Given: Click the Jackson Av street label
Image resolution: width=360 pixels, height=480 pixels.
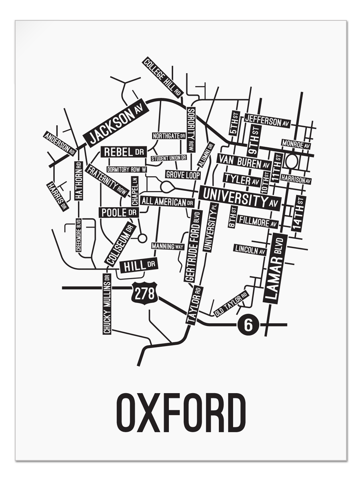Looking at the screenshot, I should pos(116,124).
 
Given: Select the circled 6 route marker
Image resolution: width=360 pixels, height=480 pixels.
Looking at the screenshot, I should pos(248,325).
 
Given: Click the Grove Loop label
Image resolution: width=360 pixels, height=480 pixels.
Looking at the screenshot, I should pos(182,175).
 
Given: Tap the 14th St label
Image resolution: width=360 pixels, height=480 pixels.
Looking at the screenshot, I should pos(299,213).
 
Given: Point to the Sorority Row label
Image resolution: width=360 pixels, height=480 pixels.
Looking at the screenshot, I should pos(191,129).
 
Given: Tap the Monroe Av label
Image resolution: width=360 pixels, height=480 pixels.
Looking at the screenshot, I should pos(296,144).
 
